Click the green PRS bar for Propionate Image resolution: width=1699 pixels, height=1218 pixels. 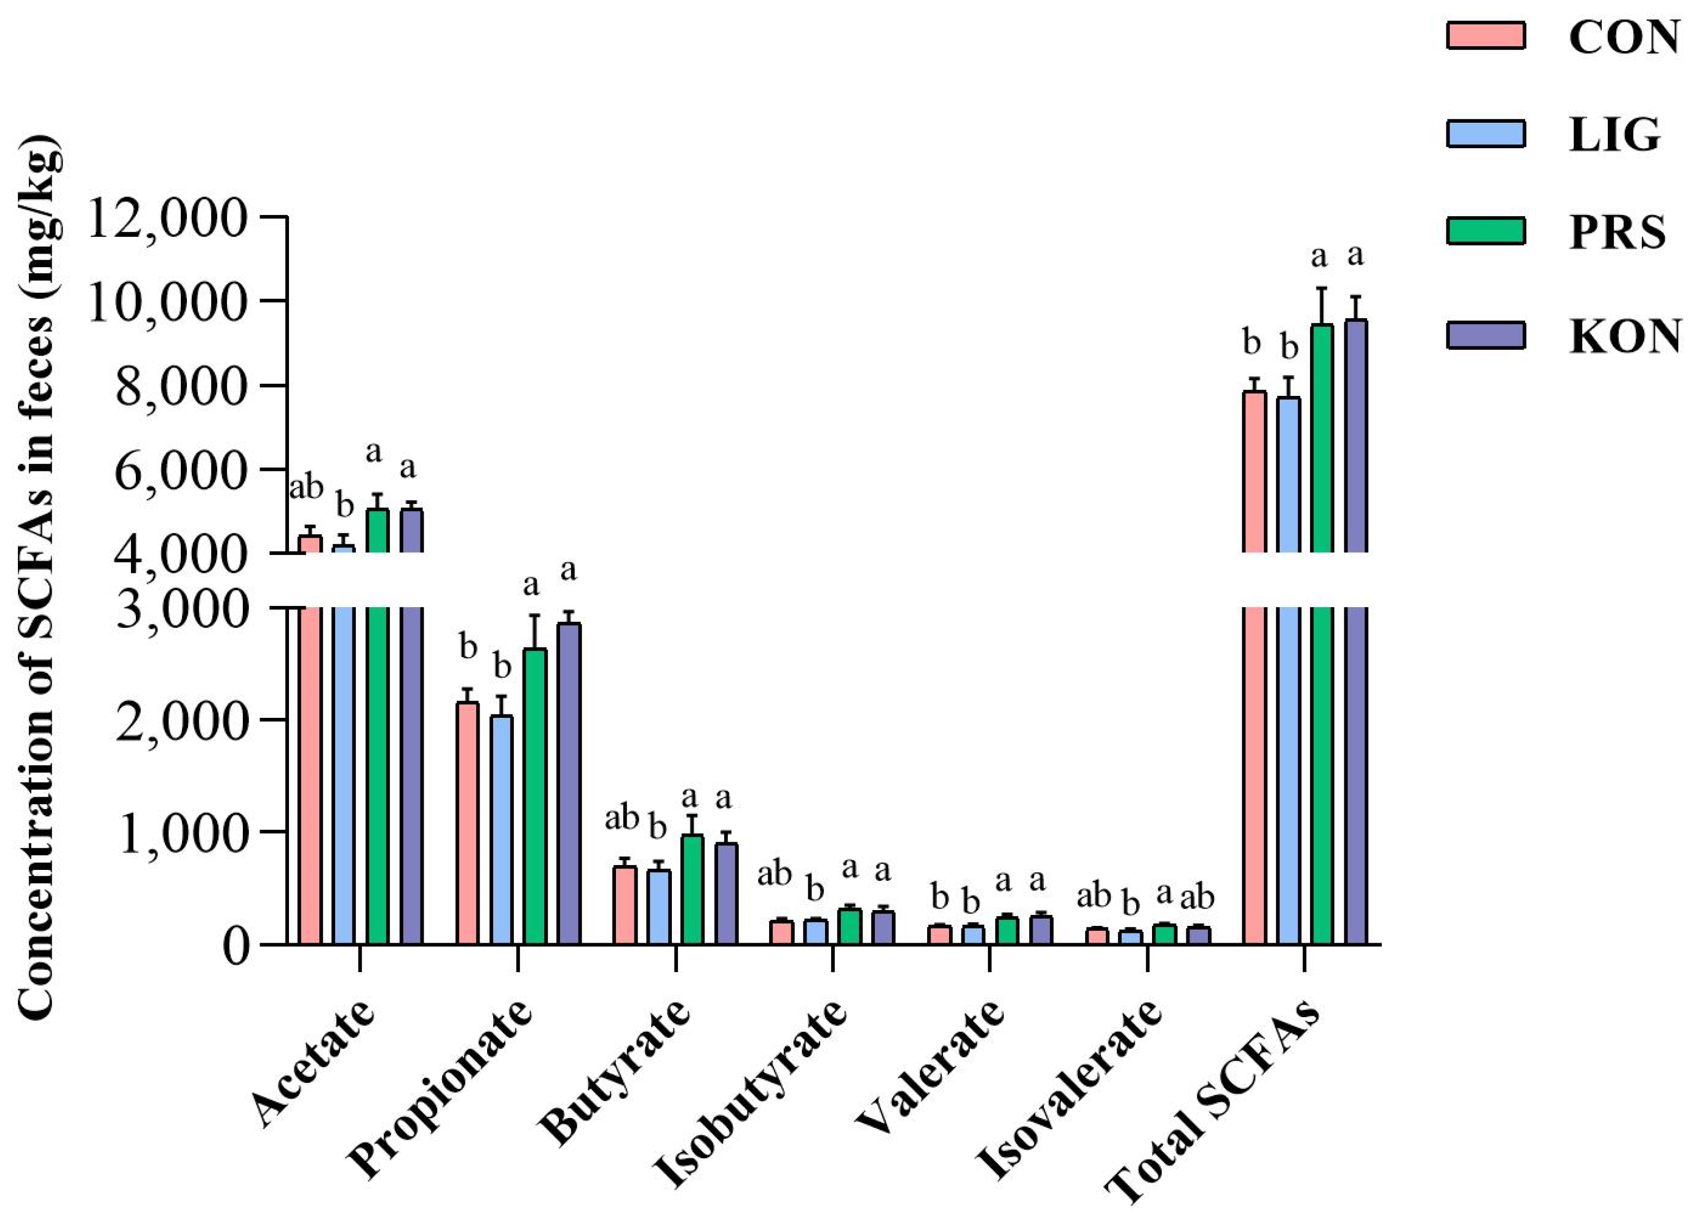534,794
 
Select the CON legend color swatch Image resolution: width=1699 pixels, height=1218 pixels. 1486,36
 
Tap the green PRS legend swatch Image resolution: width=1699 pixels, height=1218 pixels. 1486,231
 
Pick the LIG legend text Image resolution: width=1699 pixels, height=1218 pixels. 1614,135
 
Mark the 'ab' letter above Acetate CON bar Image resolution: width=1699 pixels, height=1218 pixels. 306,488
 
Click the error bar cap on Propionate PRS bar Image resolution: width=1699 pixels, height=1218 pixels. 534,615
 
